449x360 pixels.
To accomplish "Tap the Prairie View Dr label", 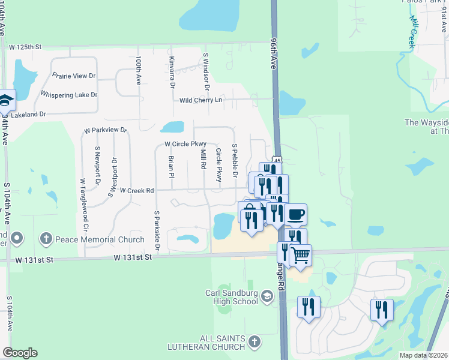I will [74, 76].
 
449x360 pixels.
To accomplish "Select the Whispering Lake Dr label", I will [68, 95].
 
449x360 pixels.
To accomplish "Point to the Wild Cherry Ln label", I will [200, 100].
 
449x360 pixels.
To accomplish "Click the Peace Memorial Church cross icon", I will [46, 239].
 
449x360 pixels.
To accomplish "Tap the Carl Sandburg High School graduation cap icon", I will [267, 296].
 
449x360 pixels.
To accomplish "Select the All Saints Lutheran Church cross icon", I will [255, 342].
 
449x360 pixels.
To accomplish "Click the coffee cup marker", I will [295, 214].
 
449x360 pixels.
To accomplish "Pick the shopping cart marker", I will [301, 256].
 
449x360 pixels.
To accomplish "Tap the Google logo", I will [20, 353].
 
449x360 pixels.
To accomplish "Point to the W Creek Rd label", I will [137, 190].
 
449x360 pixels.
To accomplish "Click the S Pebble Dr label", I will [235, 161].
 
